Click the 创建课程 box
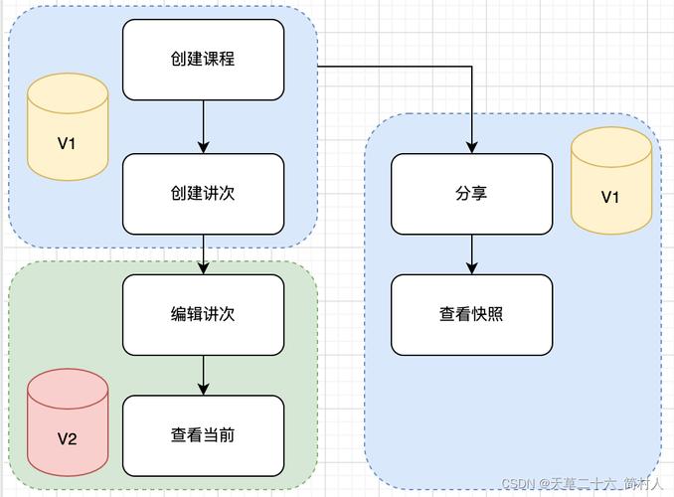pyautogui.click(x=204, y=60)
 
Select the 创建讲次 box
pyautogui.click(x=204, y=194)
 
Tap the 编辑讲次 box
pyautogui.click(x=204, y=315)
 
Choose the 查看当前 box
pyautogui.click(x=204, y=435)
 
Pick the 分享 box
pyautogui.click(x=471, y=194)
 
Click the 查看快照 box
pyautogui.click(x=471, y=315)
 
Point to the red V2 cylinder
pyautogui.click(x=68, y=422)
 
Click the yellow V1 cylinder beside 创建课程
pyautogui.click(x=68, y=127)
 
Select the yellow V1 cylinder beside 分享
pyautogui.click(x=611, y=181)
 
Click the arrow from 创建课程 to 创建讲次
pyautogui.click(x=204, y=127)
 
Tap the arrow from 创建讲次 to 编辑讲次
pyautogui.click(x=204, y=254)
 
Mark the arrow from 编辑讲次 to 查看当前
pyautogui.click(x=204, y=376)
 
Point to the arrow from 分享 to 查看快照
pyautogui.click(x=471, y=254)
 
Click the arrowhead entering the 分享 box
pyautogui.click(x=471, y=148)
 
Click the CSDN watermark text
pyautogui.click(x=583, y=484)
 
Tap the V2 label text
pyautogui.click(x=67, y=438)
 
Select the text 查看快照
pyautogui.click(x=471, y=314)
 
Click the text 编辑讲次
pyautogui.click(x=203, y=314)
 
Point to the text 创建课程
pyautogui.click(x=203, y=59)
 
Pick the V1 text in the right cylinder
pyautogui.click(x=610, y=197)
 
